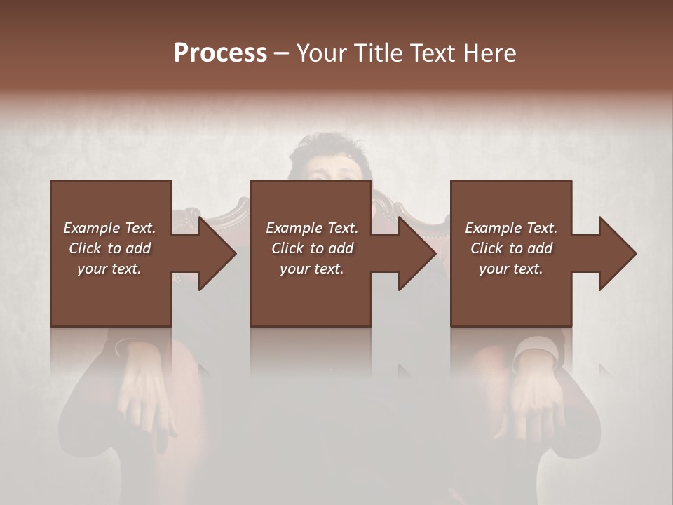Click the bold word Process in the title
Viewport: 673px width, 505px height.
pyautogui.click(x=220, y=53)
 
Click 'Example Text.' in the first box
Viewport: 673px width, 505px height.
pyautogui.click(x=109, y=228)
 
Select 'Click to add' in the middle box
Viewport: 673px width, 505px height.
pyautogui.click(x=312, y=248)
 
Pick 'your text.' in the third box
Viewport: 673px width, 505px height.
pyautogui.click(x=511, y=269)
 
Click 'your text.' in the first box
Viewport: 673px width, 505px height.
pyautogui.click(x=109, y=269)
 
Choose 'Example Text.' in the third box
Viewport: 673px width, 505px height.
pyautogui.click(x=511, y=228)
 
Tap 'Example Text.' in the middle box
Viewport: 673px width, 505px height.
pyautogui.click(x=312, y=228)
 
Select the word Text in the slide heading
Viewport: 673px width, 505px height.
pyautogui.click(x=430, y=53)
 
